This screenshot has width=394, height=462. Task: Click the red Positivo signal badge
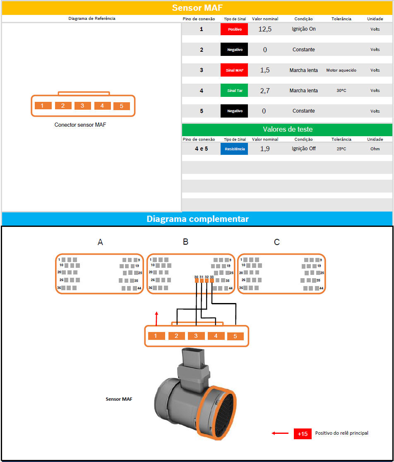pos(234,29)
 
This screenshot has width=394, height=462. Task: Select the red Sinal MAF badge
pos(234,70)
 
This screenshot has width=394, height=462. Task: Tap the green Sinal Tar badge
pos(234,91)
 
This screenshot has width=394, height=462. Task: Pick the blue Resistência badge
pos(234,149)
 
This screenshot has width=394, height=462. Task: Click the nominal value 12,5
pos(265,29)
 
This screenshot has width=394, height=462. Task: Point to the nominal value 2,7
pos(265,91)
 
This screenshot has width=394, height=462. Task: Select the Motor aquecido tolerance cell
pos(341,70)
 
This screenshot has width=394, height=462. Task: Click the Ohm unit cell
pos(375,149)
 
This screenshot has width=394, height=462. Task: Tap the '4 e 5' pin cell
pos(202,149)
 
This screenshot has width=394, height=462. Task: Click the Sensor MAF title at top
pos(197,8)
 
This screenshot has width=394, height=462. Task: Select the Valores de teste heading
pos(288,129)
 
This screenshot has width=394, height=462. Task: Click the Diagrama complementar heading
pos(197,219)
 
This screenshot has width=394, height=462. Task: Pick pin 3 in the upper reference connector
pos(82,106)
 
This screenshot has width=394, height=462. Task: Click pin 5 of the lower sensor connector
pos(235,336)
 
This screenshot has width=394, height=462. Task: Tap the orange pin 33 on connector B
pos(212,281)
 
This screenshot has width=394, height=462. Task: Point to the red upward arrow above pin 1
pos(156,318)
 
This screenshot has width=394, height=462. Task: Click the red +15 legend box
pos(303,434)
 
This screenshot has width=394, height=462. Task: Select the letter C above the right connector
pos(277,242)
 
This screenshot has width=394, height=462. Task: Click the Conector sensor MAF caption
pos(80,125)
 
